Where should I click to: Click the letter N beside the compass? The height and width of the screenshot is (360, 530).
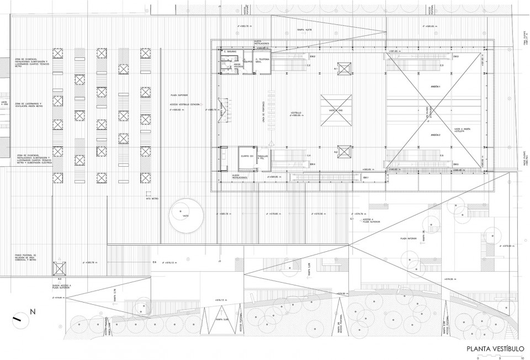(x=33, y=312)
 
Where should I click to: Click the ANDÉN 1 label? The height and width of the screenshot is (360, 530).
(x=436, y=87)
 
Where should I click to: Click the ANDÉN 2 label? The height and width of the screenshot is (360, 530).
(x=436, y=135)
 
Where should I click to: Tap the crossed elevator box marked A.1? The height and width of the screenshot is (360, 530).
(x=344, y=68)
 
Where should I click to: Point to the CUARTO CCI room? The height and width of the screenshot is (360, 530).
(x=247, y=157)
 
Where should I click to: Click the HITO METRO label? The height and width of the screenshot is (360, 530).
(x=150, y=197)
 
